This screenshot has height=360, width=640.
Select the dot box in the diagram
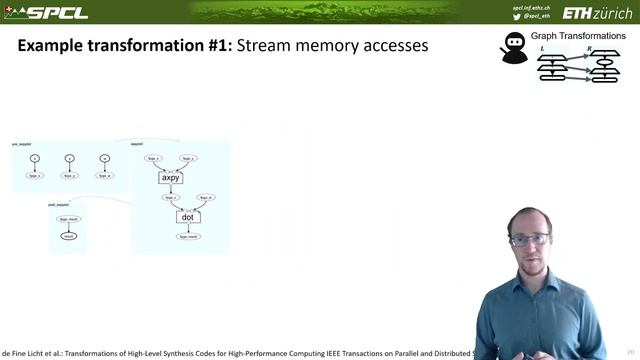coord(186,216)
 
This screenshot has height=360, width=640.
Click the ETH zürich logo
coord(596,13)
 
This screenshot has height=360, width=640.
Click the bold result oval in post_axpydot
coord(68,236)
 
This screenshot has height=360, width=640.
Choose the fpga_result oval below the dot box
coord(186,237)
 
